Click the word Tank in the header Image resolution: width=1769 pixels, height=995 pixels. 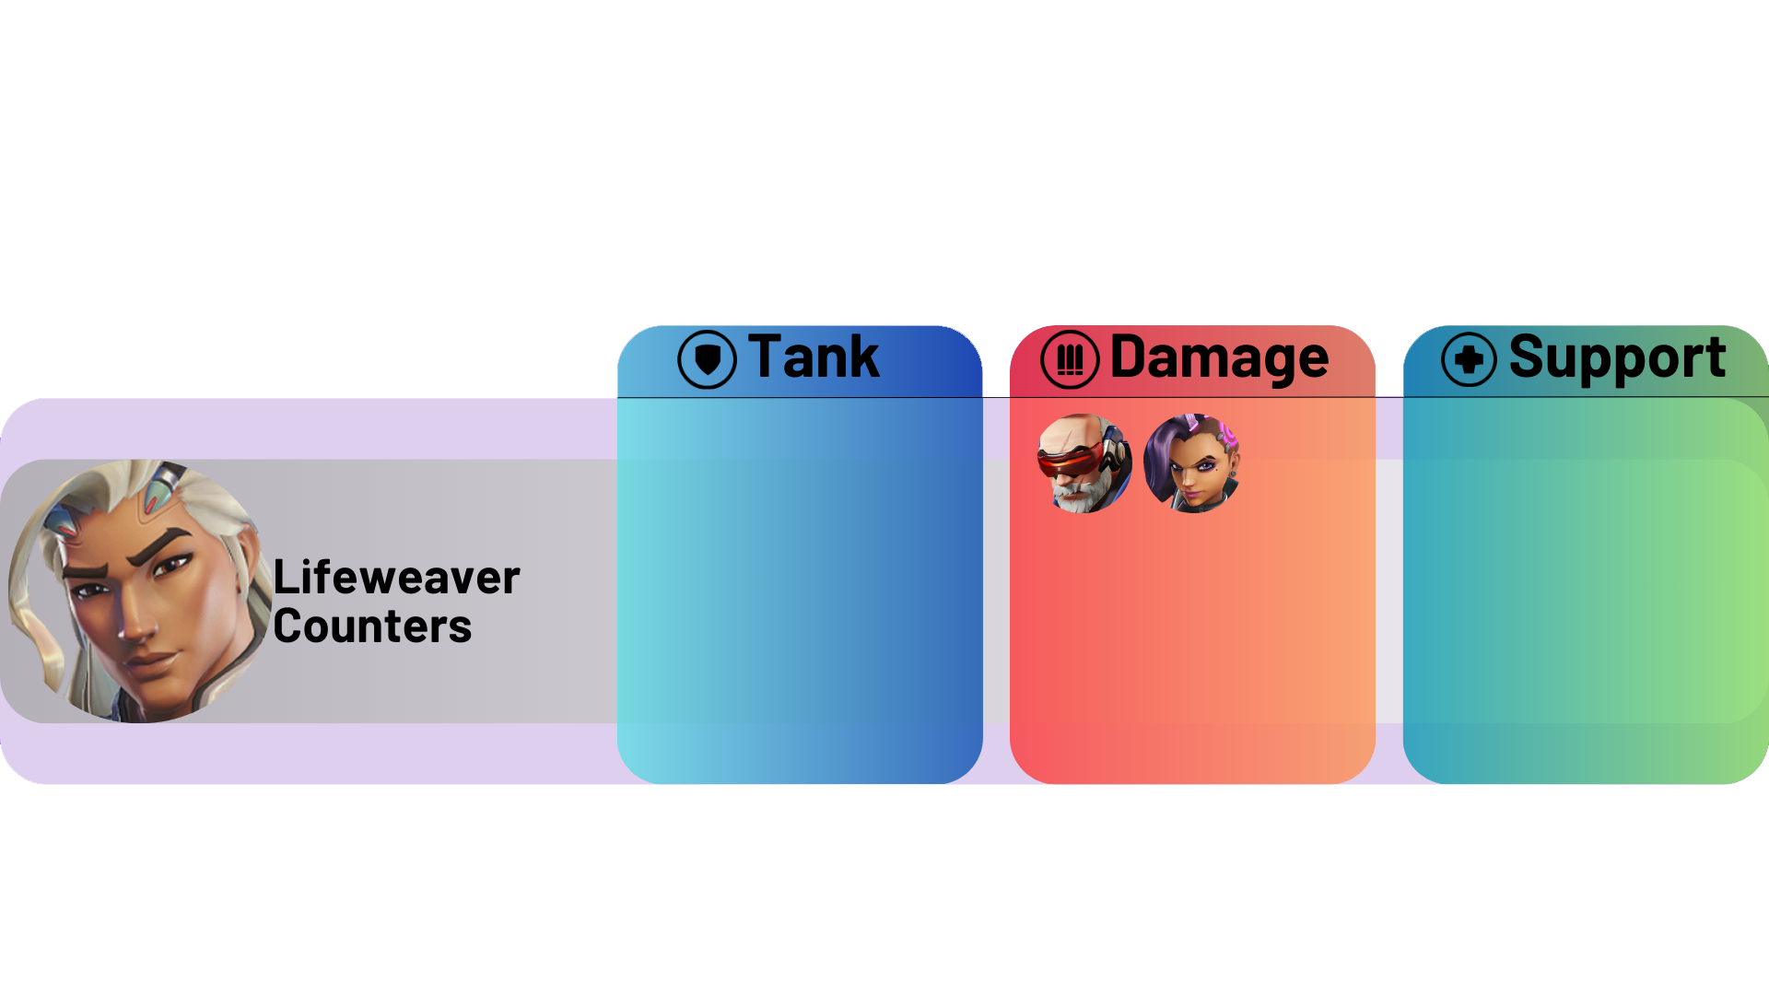[x=814, y=357]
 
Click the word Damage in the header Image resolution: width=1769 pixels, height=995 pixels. [x=1219, y=357]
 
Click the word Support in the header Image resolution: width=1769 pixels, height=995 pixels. [x=1617, y=357]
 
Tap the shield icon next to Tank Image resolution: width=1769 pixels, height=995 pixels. [x=707, y=359]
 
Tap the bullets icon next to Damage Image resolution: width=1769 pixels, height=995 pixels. [x=1070, y=359]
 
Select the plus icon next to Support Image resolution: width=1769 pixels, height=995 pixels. [x=1469, y=359]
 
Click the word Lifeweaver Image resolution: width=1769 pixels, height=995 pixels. [x=396, y=578]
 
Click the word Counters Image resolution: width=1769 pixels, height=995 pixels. [x=372, y=626]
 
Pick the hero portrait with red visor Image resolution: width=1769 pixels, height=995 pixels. [x=1084, y=463]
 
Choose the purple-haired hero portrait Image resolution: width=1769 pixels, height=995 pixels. [x=1191, y=463]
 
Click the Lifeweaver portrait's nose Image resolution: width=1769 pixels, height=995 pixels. [x=138, y=626]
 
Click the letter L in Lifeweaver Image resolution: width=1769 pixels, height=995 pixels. [x=283, y=578]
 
